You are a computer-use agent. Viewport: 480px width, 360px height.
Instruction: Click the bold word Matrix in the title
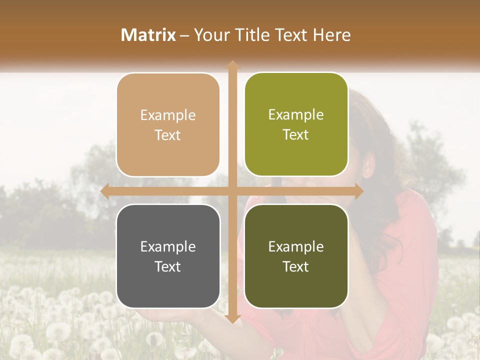(x=148, y=35)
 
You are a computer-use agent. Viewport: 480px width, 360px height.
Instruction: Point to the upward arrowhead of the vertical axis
(x=232, y=64)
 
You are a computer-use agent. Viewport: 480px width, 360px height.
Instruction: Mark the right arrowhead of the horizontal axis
(x=358, y=191)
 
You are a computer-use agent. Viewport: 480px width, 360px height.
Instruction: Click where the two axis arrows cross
(x=232, y=191)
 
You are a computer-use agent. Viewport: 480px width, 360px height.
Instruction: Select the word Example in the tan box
(x=168, y=115)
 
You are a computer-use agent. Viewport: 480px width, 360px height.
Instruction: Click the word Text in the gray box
(x=168, y=266)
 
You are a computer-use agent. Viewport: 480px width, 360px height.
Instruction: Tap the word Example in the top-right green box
(x=296, y=115)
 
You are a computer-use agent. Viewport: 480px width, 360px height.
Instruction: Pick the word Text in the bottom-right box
(x=296, y=266)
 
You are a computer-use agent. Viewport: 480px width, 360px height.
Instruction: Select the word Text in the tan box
(x=168, y=135)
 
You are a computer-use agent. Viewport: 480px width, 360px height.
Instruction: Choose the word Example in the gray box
(x=168, y=247)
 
